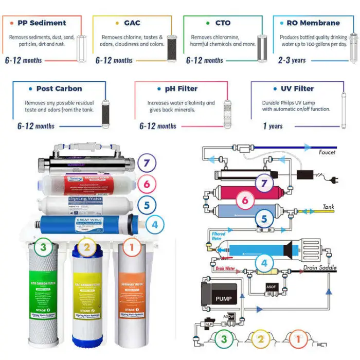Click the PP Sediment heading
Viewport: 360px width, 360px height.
[41, 23]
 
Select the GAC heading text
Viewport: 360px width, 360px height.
[132, 23]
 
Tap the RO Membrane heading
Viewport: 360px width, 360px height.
[312, 23]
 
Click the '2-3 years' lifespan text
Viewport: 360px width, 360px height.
[292, 60]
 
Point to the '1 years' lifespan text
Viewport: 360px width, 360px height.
[273, 126]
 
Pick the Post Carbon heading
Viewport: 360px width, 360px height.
[59, 88]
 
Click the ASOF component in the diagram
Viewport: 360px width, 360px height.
[271, 286]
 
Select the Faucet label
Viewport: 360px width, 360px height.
[327, 152]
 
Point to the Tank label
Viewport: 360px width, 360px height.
[328, 207]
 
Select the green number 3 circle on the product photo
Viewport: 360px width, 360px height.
[43, 248]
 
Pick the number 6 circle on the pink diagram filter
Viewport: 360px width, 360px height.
[245, 200]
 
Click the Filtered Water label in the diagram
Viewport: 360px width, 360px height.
[218, 237]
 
